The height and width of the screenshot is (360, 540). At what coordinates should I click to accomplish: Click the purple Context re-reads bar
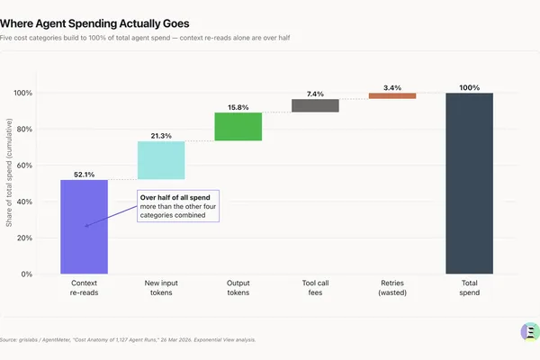click(x=84, y=227)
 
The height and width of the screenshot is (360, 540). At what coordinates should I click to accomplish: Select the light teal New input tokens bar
click(x=161, y=160)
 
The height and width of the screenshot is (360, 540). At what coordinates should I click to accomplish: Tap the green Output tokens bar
click(x=238, y=126)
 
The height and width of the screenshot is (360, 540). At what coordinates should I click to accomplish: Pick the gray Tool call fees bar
click(x=316, y=105)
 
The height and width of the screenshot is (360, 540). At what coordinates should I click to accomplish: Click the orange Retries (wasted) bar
click(x=392, y=95)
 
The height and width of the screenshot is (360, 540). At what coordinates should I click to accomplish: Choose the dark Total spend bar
click(x=470, y=184)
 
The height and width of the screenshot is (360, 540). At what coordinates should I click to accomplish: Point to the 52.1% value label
click(x=84, y=175)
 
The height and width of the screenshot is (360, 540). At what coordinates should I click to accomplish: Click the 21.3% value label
click(x=161, y=136)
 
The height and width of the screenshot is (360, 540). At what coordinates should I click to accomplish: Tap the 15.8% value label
click(x=238, y=107)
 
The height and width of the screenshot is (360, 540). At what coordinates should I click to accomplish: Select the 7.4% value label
click(x=316, y=94)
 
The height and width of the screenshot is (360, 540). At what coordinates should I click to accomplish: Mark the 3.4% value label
click(x=392, y=88)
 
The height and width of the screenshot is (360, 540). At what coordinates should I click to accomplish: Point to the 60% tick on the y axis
click(x=24, y=166)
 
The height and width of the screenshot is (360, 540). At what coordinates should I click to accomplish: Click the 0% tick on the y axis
click(x=26, y=274)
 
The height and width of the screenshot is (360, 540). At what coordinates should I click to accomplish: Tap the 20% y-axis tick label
click(x=24, y=238)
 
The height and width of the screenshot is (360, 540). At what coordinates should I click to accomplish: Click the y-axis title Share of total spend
click(x=9, y=173)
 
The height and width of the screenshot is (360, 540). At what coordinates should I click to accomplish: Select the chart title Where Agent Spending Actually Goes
click(x=94, y=23)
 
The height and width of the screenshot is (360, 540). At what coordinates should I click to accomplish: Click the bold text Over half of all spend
click(x=175, y=197)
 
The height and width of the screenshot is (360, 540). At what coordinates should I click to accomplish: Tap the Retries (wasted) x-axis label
click(x=392, y=288)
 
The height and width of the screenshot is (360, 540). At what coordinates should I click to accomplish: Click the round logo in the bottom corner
click(x=530, y=332)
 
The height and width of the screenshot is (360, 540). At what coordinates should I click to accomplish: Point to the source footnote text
click(x=128, y=340)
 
